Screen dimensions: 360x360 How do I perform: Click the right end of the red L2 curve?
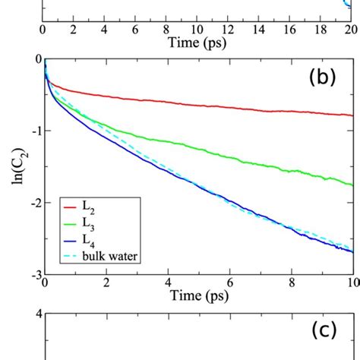pyautogui.click(x=352, y=115)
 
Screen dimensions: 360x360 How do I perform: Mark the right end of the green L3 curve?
pyautogui.click(x=352, y=184)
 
